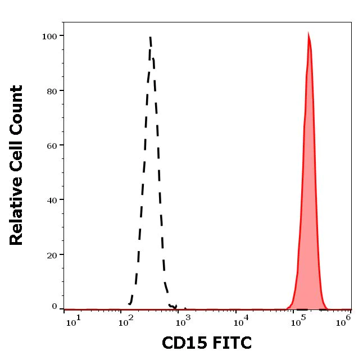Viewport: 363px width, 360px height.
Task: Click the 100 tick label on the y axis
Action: [49, 36]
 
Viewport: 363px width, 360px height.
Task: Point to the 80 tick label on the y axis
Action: [52, 90]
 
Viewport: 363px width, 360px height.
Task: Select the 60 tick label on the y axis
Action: [52, 145]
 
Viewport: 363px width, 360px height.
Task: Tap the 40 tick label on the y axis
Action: [52, 199]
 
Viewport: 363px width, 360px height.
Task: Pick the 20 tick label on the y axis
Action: [52, 254]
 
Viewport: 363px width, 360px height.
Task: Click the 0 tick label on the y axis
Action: [55, 307]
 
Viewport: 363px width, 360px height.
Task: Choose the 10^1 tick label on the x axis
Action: [74, 320]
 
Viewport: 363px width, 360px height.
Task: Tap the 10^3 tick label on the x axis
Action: [184, 320]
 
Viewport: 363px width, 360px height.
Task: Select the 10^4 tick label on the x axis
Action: [242, 320]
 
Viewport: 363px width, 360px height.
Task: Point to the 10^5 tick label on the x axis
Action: [298, 320]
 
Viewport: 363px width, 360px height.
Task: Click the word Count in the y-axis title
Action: [17, 110]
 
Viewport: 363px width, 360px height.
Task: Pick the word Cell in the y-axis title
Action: [17, 155]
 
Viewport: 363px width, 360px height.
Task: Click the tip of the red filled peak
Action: [308, 34]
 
